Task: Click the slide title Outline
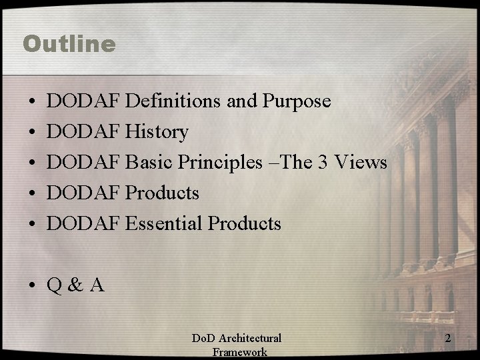(x=69, y=44)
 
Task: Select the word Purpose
(x=297, y=101)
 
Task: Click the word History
(x=157, y=132)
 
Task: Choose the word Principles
(x=220, y=163)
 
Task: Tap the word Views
(x=362, y=163)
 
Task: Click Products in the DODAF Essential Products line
(x=245, y=224)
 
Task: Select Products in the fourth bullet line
(x=162, y=193)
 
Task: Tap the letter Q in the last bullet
(x=54, y=285)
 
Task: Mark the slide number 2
(x=448, y=339)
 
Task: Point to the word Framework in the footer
(x=239, y=353)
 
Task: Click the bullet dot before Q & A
(x=32, y=286)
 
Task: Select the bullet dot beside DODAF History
(x=32, y=133)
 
